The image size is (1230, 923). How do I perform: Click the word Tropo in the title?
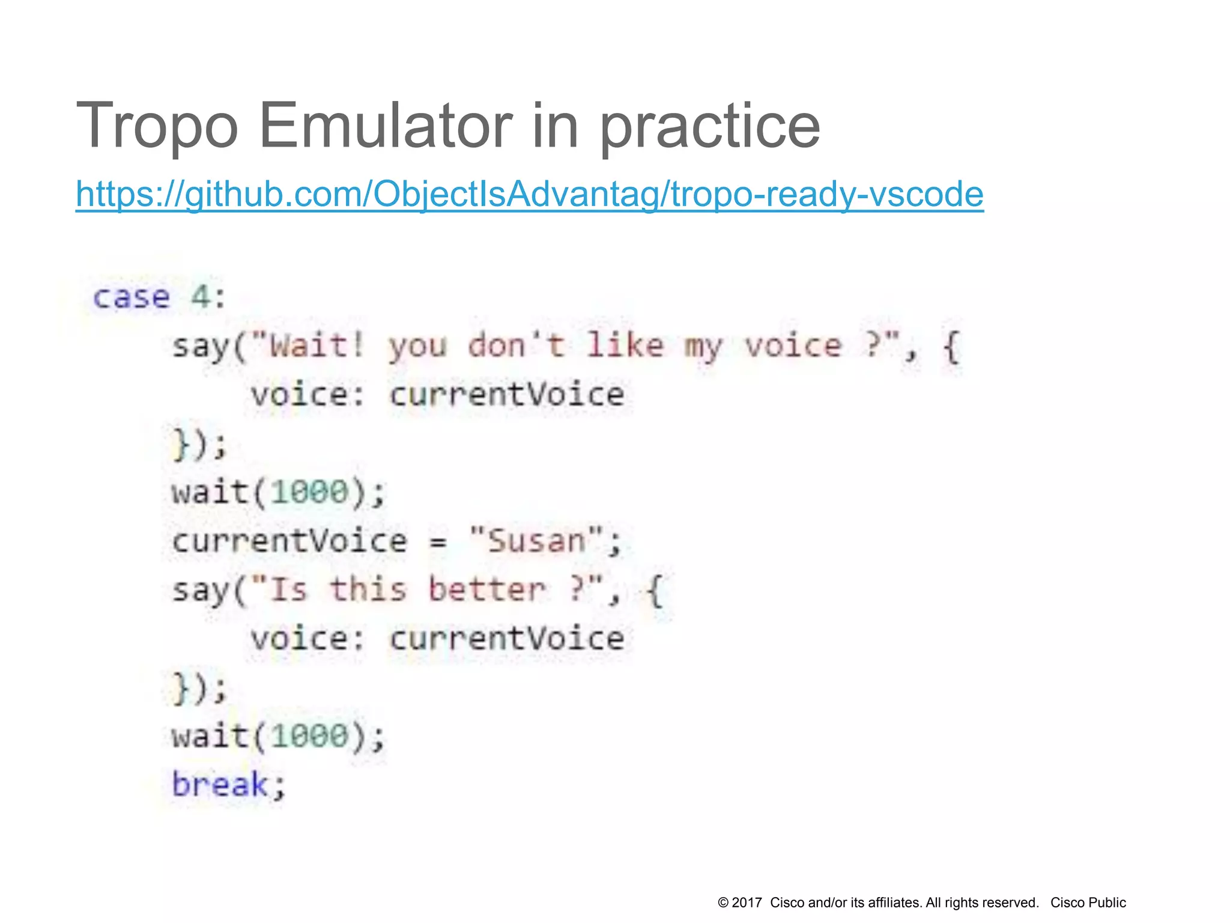tap(157, 126)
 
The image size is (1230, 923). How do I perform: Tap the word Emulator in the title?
tap(386, 126)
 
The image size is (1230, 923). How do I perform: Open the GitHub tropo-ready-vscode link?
tap(529, 194)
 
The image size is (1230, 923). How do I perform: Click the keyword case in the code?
tap(132, 297)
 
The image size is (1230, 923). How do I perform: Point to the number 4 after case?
tap(201, 297)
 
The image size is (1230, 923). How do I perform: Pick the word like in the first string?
tap(625, 346)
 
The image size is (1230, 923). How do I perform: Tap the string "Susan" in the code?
tap(536, 541)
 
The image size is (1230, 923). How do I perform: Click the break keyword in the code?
tap(220, 785)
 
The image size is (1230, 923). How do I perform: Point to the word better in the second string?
tap(486, 589)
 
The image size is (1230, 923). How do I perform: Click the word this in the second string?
tap(368, 589)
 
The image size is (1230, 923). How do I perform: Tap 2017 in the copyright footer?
tap(747, 903)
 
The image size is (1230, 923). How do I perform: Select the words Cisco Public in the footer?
tap(1088, 903)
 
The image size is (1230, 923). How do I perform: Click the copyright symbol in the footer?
tap(723, 903)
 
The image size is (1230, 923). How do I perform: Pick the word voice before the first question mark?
tap(793, 346)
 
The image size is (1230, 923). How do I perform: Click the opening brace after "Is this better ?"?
tap(656, 591)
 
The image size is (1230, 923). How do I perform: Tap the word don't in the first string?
tap(516, 346)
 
